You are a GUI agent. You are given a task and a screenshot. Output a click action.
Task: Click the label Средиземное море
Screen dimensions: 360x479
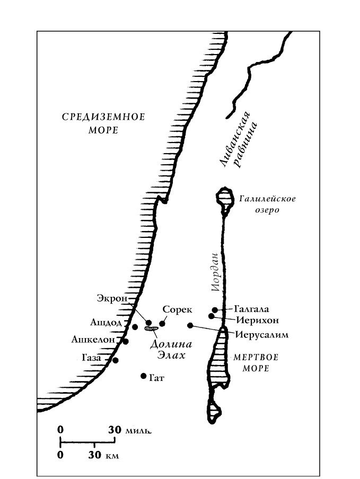[103, 123]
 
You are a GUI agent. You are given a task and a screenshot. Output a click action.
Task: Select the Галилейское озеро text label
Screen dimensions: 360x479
[267, 205]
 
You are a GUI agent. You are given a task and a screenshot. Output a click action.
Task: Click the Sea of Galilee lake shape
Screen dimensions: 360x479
[225, 199]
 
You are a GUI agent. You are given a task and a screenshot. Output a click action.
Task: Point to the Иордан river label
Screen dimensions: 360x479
[216, 272]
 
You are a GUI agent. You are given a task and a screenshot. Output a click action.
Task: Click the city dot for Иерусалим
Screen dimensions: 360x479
[190, 325]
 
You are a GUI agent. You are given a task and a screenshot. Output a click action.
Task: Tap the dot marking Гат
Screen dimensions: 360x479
[143, 376]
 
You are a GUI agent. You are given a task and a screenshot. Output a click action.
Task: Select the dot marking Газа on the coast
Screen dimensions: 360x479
[115, 360]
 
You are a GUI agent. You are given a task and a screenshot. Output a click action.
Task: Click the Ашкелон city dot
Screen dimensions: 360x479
[125, 342]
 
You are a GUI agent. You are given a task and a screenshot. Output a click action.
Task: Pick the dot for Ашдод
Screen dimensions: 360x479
[135, 327]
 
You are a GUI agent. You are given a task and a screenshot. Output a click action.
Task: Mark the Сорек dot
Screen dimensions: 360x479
[162, 324]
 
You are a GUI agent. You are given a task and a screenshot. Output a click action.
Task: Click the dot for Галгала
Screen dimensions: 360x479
[215, 310]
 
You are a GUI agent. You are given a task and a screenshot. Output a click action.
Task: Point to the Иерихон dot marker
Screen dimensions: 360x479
[211, 316]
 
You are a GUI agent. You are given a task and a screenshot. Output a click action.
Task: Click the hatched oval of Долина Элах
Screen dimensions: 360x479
[151, 329]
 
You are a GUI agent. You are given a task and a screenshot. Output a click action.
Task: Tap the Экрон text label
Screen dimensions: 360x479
[112, 298]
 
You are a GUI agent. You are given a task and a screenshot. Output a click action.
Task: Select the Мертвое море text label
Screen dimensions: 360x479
[256, 362]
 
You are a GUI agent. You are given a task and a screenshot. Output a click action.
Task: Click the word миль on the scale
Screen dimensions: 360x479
[138, 431]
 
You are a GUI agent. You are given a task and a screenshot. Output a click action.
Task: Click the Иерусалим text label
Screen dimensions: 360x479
[262, 334]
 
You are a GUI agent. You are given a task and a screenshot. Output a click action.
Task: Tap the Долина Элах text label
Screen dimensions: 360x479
[171, 350]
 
